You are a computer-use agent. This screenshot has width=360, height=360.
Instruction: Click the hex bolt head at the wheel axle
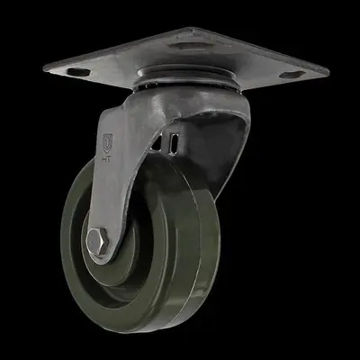(x=98, y=242)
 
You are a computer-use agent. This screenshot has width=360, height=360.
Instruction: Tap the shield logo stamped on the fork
(x=109, y=142)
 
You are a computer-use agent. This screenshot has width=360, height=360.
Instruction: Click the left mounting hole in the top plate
(x=78, y=69)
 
